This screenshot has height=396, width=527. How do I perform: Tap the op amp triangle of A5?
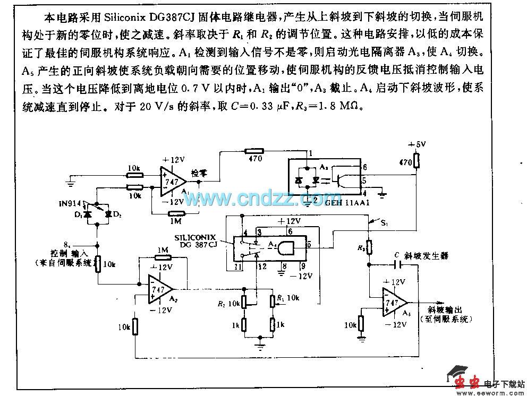point(394,303)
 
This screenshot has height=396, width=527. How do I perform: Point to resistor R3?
point(370,246)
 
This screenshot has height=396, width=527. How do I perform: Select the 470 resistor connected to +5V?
point(418,160)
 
